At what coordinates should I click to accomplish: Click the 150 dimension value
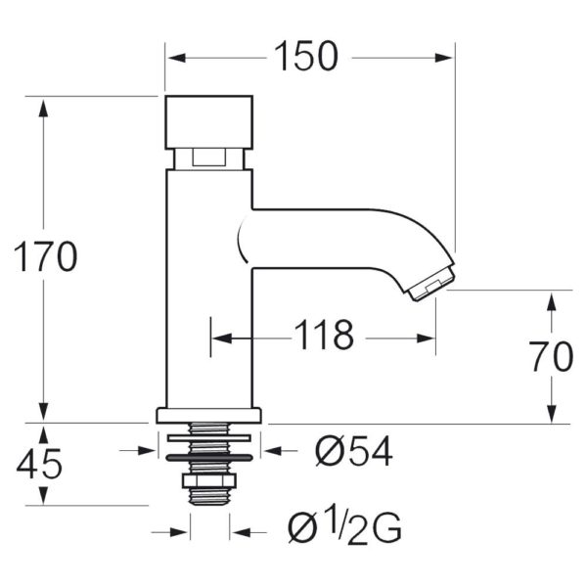click(x=306, y=56)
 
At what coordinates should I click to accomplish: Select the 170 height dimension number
click(x=46, y=256)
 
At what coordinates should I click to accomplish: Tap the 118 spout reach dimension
click(x=324, y=335)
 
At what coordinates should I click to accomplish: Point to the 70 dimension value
click(x=553, y=356)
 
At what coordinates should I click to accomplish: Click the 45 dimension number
click(x=39, y=464)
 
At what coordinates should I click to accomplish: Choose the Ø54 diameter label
click(x=354, y=451)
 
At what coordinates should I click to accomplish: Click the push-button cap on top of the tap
click(x=209, y=122)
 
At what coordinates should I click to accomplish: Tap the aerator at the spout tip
click(x=432, y=283)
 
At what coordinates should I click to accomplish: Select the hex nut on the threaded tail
click(x=209, y=480)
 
